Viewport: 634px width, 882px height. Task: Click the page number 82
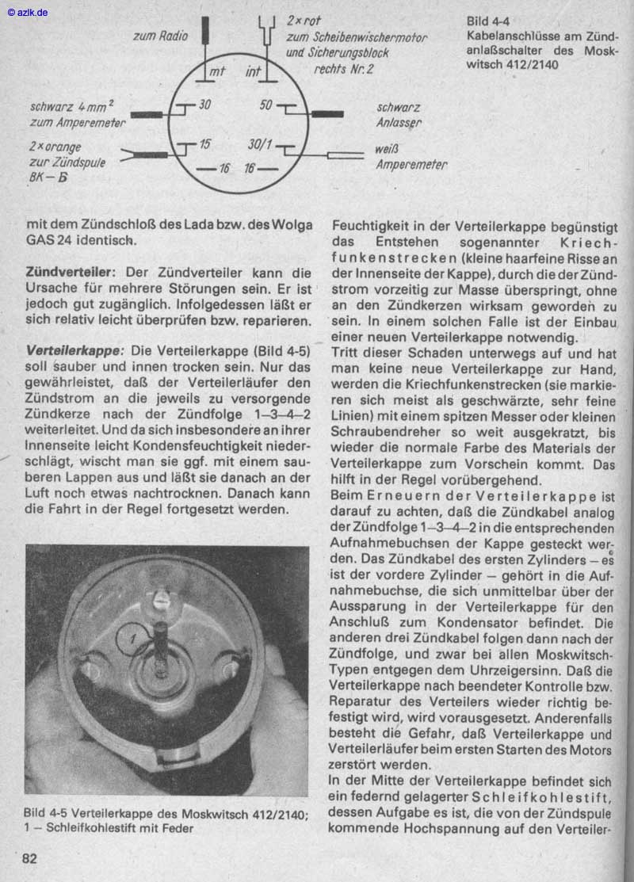29,859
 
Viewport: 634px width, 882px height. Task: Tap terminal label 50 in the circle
265,105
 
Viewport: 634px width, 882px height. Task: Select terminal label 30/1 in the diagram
260,145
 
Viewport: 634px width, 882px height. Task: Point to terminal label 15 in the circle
204,145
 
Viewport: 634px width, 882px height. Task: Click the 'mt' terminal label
216,72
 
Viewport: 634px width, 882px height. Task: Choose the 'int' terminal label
253,72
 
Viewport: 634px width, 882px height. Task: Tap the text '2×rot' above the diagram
304,21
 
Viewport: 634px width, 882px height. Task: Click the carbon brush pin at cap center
161,646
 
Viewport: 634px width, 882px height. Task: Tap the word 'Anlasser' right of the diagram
399,123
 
